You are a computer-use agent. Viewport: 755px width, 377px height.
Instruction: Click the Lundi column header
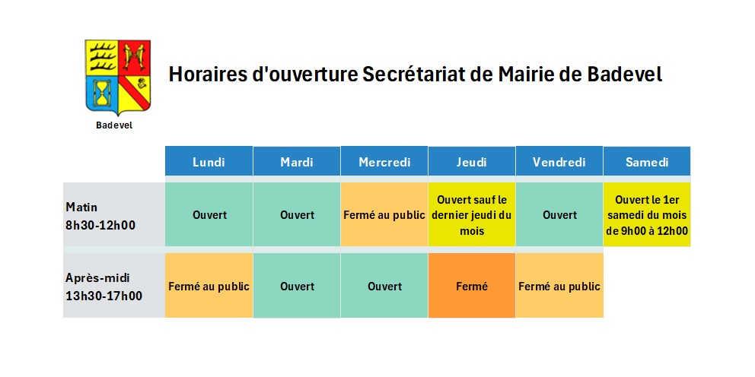[209, 161]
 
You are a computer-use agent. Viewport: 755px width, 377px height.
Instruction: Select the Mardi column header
[297, 161]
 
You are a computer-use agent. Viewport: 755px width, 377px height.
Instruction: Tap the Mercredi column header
[384, 161]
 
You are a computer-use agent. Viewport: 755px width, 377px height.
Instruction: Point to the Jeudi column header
[472, 161]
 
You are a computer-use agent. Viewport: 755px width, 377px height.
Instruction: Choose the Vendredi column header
[559, 161]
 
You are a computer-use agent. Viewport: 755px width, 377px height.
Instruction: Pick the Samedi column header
[647, 161]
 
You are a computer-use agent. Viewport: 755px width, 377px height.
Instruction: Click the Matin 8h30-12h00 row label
[100, 216]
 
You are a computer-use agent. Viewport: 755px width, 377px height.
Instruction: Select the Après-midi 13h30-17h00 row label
[104, 287]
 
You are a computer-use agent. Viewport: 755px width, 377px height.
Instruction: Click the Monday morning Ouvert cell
[209, 214]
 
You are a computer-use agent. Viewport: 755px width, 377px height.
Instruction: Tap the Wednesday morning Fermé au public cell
[384, 214]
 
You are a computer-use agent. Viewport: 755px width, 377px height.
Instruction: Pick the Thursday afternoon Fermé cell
[472, 286]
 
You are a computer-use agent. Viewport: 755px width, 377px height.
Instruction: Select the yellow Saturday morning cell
[647, 214]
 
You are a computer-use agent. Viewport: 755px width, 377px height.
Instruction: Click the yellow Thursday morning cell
[472, 214]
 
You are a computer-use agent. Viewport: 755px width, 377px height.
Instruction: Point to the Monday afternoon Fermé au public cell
[209, 286]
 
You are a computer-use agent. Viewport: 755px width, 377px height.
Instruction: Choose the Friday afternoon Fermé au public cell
[559, 286]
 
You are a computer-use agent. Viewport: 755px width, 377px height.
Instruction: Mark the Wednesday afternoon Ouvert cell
[384, 286]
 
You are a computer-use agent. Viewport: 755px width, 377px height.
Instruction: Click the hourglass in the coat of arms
[102, 92]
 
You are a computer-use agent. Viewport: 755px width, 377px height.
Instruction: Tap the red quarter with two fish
[135, 57]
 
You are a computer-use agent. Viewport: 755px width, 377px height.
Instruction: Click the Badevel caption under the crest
[114, 125]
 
